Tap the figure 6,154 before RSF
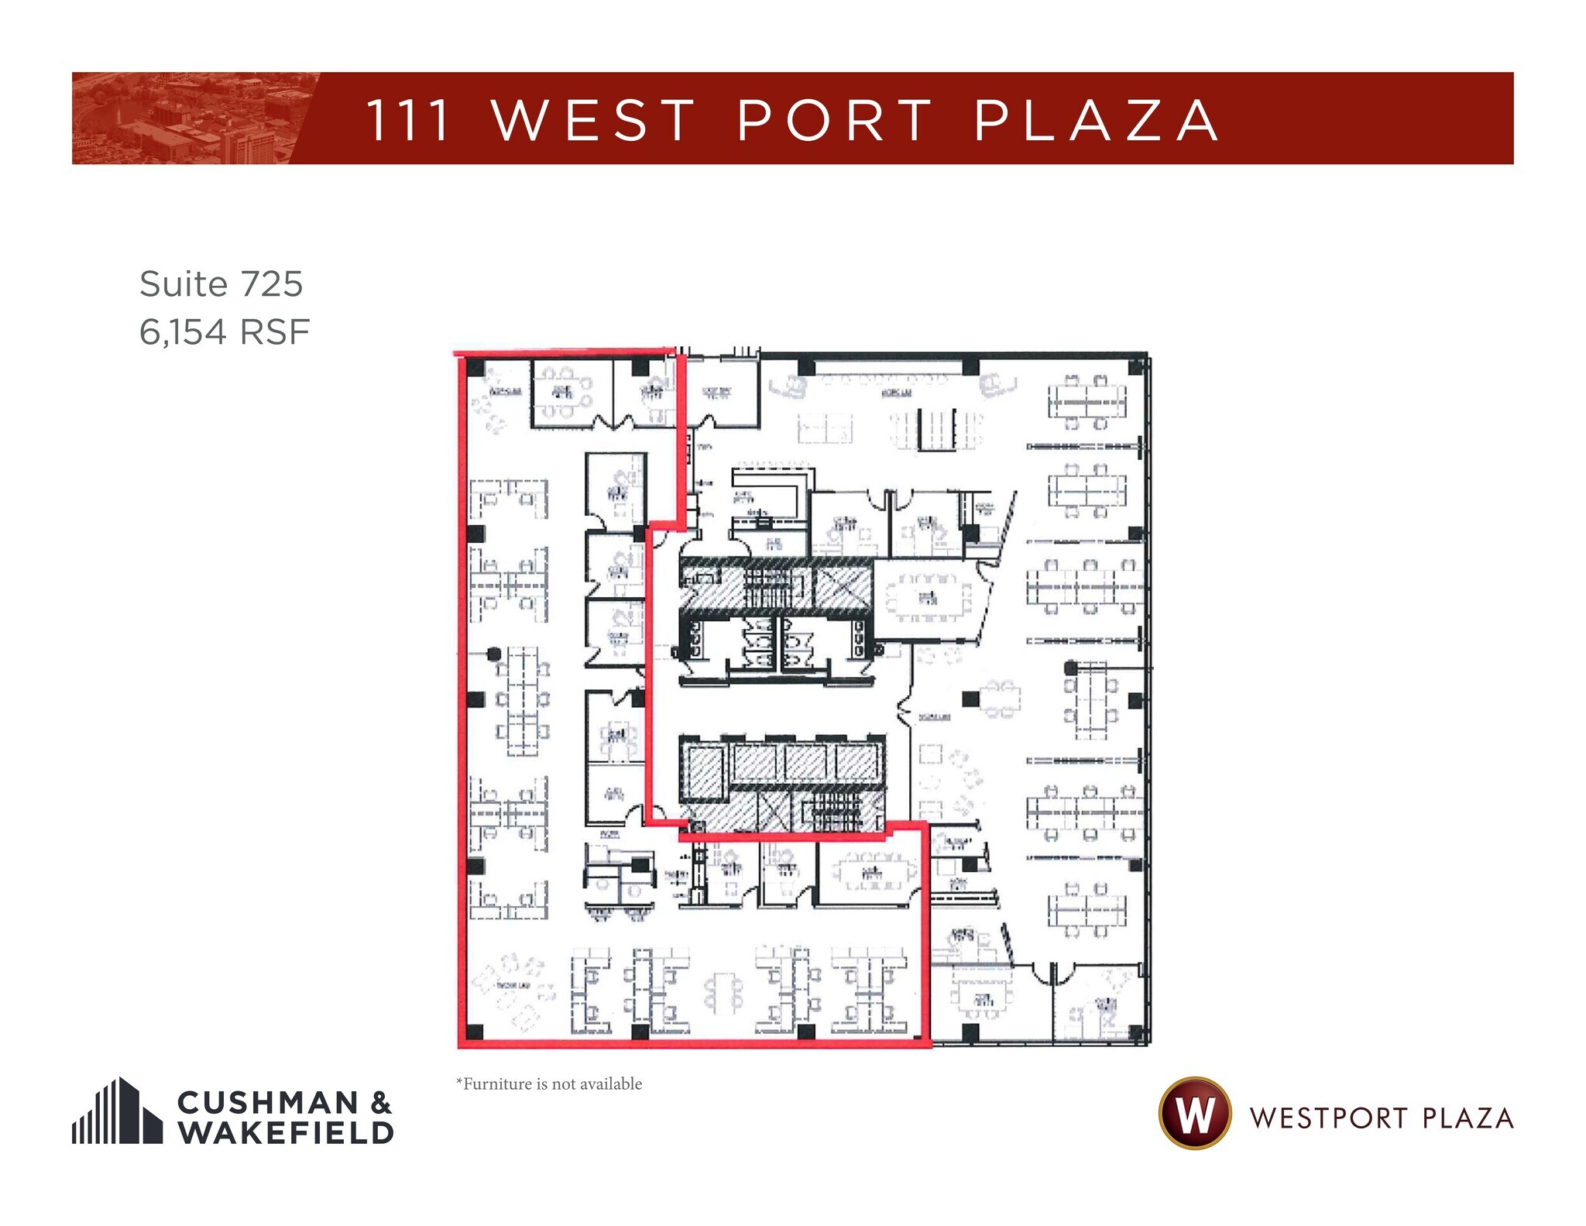tap(183, 332)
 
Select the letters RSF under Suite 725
tap(275, 332)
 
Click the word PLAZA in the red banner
tap(1096, 121)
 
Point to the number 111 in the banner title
tap(408, 121)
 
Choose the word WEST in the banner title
tap(594, 121)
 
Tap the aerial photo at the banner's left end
tap(186, 118)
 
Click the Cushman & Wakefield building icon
tap(117, 1111)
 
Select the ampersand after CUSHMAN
tap(380, 1102)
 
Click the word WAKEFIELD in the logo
tap(286, 1132)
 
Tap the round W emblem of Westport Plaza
tap(1194, 1113)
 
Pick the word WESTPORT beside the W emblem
tap(1328, 1118)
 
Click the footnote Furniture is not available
tap(549, 1083)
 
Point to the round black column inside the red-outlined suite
tap(493, 654)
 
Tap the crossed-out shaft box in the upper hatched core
tap(843, 589)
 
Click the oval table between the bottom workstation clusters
tap(723, 994)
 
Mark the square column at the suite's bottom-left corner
tap(475, 1032)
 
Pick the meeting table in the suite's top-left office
tap(563, 393)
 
